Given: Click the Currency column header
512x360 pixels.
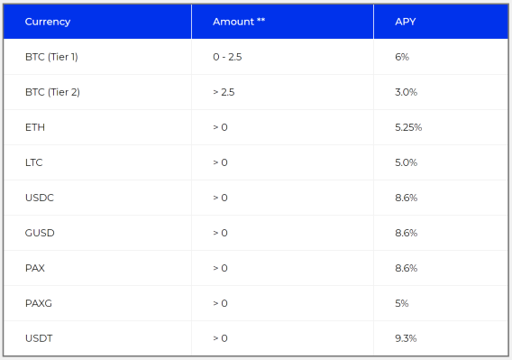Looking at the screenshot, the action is point(48,22).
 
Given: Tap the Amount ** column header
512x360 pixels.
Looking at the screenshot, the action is point(239,22).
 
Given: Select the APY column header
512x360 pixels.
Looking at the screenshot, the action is point(406,22).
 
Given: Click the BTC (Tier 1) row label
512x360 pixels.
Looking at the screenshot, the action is point(51,57).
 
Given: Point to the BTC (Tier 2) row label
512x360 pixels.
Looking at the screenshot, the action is point(52,92).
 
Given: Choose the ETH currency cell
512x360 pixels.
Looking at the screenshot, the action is point(35,127).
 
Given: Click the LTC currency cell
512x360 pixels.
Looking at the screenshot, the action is point(34,162).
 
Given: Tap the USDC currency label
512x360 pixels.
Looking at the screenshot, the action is point(40,198).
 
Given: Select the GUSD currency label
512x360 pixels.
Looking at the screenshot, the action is point(40,233).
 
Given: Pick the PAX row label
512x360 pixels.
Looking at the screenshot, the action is point(35,268).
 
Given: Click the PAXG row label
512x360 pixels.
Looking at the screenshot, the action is point(39,303).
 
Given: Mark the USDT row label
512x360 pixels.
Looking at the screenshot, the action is point(39,338).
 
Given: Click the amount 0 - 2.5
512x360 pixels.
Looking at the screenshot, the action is point(227,57).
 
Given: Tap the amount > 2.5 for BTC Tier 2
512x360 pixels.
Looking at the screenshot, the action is point(224,92).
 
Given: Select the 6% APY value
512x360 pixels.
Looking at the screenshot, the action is point(402,57).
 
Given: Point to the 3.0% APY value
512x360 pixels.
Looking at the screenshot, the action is point(407,92).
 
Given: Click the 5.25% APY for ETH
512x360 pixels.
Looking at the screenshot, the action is point(408,127).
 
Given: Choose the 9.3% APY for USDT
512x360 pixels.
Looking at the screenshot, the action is point(406,338).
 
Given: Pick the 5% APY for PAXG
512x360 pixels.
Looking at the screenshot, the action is point(402,303).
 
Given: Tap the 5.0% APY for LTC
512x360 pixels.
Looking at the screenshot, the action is point(407,162).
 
